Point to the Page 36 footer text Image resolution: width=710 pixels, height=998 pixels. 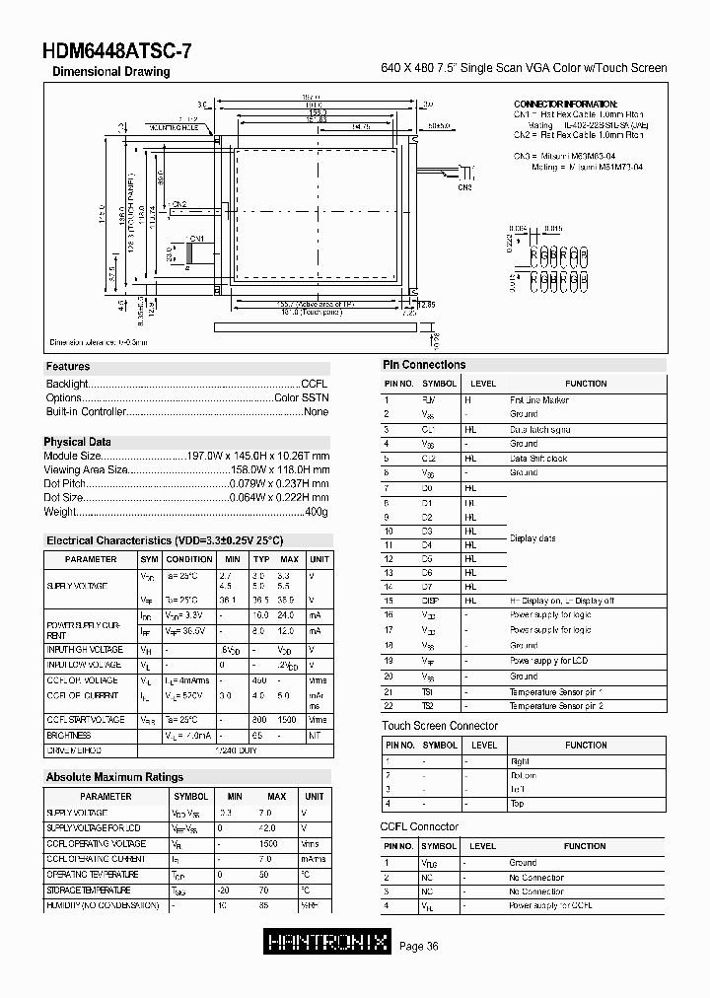[419, 947]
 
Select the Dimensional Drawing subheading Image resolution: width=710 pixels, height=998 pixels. [110, 72]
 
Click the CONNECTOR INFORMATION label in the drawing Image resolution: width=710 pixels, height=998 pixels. [565, 105]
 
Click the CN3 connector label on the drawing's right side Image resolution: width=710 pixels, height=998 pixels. [465, 186]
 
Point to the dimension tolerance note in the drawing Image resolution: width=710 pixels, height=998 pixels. [99, 342]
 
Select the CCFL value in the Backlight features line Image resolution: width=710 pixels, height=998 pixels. [315, 383]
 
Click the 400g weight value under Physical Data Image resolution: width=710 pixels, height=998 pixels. [317, 512]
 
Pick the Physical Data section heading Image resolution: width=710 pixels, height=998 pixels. [78, 442]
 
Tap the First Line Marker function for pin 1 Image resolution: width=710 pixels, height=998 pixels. [538, 400]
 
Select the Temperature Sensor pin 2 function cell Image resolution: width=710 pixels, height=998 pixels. [556, 706]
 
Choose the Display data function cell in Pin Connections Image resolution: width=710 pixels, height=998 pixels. [532, 538]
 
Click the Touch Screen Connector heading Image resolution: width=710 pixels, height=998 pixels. [440, 726]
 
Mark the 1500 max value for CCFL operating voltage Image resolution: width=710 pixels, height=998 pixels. [267, 844]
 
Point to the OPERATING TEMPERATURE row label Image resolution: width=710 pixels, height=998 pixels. [93, 875]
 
